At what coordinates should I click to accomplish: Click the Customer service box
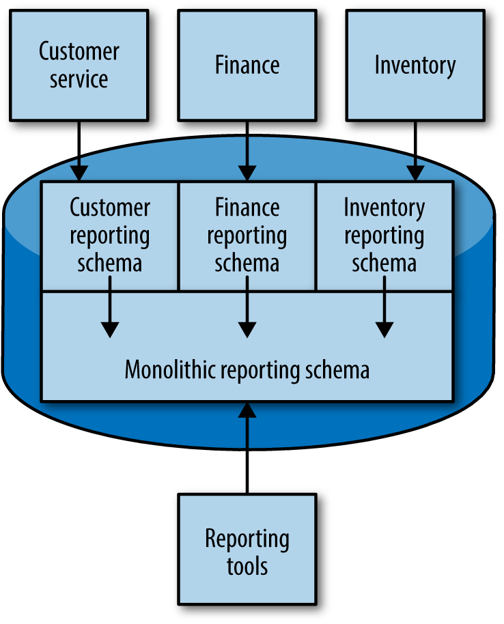tap(79, 65)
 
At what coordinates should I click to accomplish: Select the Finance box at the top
tap(247, 65)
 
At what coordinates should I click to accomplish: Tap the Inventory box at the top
tap(415, 65)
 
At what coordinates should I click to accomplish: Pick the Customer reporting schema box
tap(109, 236)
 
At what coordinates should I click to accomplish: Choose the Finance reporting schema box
tap(247, 236)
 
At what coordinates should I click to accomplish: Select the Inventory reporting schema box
tap(384, 236)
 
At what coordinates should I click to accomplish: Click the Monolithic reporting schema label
tap(247, 370)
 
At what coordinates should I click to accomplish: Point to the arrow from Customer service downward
tap(79, 150)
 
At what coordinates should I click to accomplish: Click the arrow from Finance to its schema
tap(247, 150)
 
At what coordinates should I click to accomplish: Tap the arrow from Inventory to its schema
tap(415, 150)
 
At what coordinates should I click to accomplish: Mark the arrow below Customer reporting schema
tap(109, 314)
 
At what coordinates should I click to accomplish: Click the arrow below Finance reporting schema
tap(247, 314)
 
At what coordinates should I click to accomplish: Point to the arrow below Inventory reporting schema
tap(384, 314)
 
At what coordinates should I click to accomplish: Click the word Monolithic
tap(165, 370)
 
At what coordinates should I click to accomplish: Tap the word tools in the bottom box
tap(247, 566)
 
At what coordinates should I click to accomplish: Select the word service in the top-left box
tap(79, 79)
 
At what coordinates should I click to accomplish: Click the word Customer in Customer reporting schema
tap(109, 208)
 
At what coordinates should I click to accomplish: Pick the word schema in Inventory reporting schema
tap(384, 264)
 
